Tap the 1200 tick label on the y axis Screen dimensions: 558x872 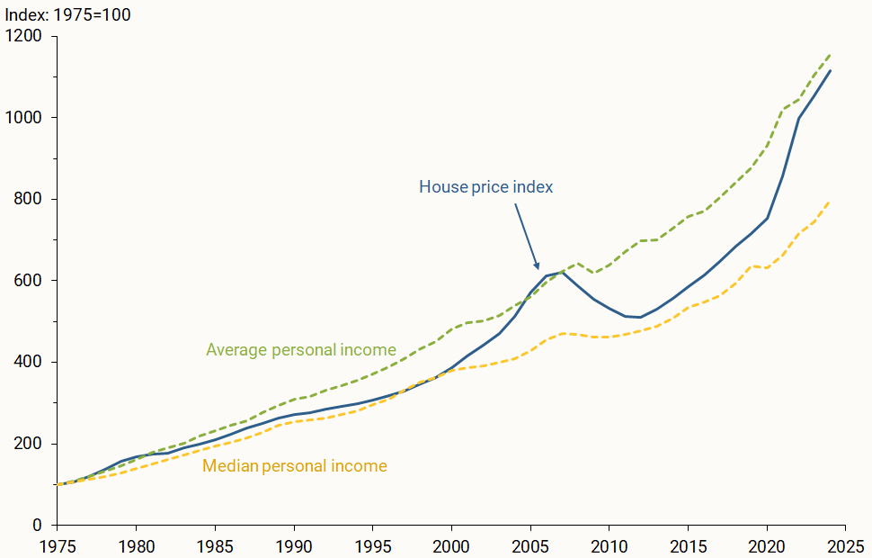24,36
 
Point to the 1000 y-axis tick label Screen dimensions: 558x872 24,118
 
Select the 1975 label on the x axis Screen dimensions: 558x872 57,544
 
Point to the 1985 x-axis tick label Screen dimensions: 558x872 215,544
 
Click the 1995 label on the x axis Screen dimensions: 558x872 372,544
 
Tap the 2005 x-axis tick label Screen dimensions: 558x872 530,544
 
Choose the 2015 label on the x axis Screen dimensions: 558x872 688,544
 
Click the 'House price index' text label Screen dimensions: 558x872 485,187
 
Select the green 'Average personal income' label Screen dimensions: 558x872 301,349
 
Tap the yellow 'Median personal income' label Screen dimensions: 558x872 295,466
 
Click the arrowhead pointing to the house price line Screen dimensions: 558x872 538,266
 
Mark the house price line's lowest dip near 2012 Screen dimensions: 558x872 640,318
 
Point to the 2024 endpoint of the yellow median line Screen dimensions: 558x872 830,202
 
